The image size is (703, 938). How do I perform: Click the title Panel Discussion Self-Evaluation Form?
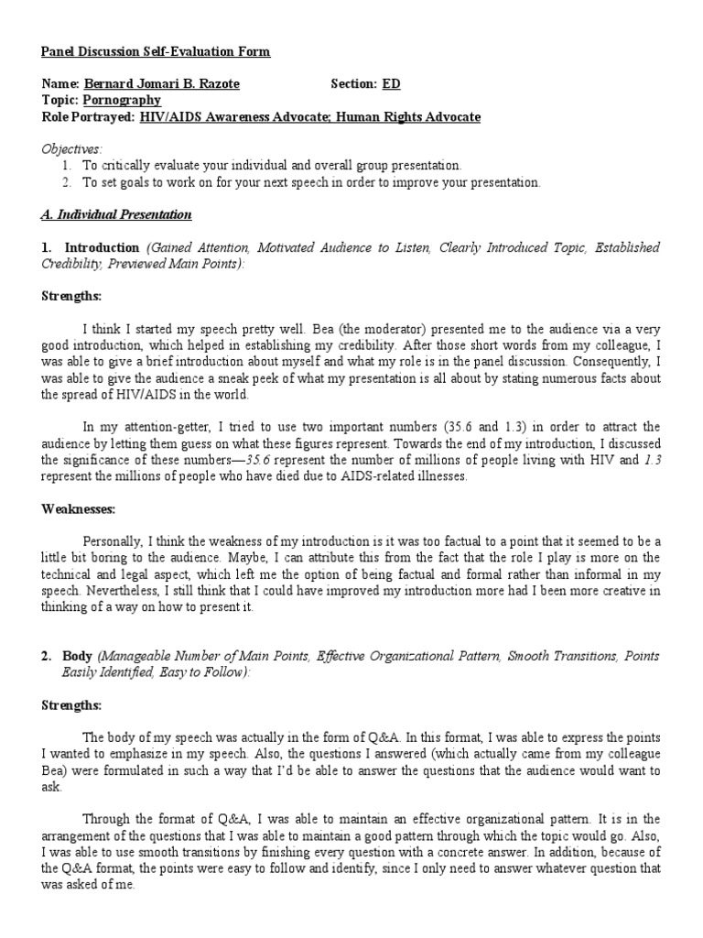tap(157, 52)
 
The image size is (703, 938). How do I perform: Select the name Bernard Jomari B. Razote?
tap(162, 84)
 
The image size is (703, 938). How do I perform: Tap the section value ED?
tap(391, 84)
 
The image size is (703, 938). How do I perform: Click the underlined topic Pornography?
tap(122, 101)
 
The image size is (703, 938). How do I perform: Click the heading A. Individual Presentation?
tap(116, 215)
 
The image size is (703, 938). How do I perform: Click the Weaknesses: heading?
tap(79, 508)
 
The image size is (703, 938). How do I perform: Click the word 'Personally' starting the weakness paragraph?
tap(114, 542)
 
